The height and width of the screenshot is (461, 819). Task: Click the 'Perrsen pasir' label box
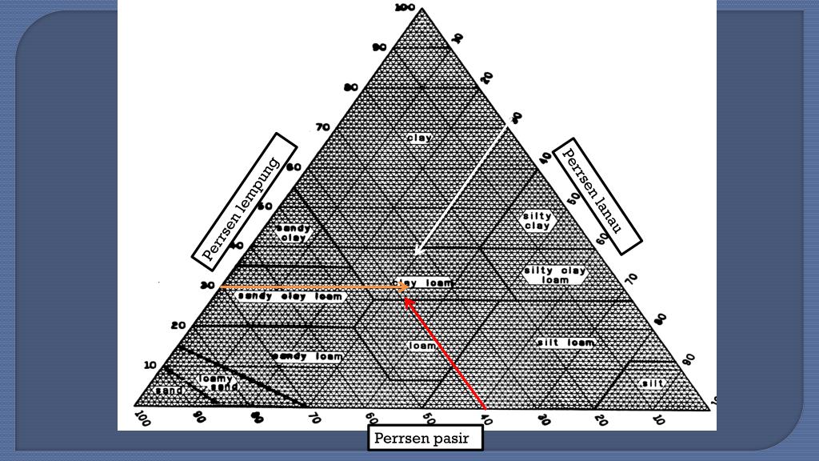coord(428,439)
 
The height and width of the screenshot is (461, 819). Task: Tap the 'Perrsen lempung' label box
coord(244,202)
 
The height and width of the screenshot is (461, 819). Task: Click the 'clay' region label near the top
coord(419,138)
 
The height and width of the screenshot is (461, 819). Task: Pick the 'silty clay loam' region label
coord(555,275)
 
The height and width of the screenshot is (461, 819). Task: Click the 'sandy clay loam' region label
coord(290,296)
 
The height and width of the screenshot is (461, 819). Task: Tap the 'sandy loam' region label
coord(307,356)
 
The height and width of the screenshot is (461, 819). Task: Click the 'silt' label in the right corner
coord(653,383)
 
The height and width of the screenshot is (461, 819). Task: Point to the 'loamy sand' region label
coord(215,383)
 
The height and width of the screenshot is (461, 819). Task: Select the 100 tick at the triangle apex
coord(406,8)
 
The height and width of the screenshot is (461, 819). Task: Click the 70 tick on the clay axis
coord(323,126)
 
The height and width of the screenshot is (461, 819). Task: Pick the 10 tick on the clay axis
coord(150,365)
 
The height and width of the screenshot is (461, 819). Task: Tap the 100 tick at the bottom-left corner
coord(142,417)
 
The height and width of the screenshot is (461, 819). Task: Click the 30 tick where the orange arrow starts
coord(208,285)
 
